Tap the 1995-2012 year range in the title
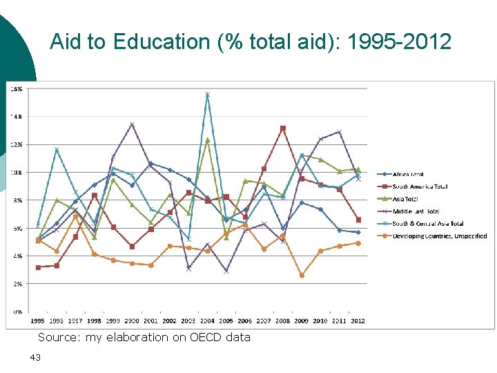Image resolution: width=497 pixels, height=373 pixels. click(400, 42)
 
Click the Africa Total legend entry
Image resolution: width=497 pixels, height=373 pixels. click(408, 175)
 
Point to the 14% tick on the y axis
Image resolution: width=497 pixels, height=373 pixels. click(15, 117)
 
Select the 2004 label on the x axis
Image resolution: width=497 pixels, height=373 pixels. click(207, 321)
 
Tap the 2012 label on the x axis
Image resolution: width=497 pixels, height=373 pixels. click(358, 321)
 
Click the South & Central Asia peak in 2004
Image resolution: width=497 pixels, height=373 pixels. click(207, 95)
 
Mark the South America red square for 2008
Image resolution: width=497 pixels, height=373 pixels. click(282, 128)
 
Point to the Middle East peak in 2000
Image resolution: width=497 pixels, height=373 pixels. click(132, 124)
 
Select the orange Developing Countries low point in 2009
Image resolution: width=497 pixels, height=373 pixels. click(302, 275)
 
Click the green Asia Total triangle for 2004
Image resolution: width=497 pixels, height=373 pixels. click(207, 140)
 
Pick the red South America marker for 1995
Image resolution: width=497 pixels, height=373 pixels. click(38, 267)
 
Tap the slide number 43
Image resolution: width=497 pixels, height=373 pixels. click(35, 357)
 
